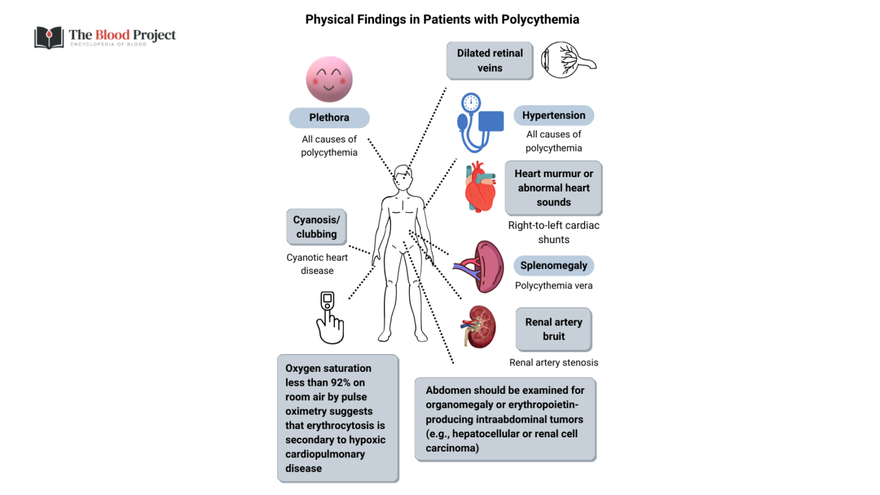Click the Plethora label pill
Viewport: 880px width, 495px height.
(x=329, y=118)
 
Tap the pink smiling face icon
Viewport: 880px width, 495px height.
(x=329, y=79)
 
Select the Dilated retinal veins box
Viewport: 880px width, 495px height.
(x=490, y=61)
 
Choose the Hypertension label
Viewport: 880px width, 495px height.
(x=553, y=116)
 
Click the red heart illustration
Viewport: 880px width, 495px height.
(x=481, y=187)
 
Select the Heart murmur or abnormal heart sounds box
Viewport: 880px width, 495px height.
(x=553, y=188)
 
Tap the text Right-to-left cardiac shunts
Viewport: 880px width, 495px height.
(x=553, y=232)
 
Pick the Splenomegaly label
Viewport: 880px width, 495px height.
(x=553, y=266)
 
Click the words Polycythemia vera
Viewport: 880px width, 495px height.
(x=553, y=286)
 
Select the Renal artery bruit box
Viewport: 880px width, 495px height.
(x=553, y=329)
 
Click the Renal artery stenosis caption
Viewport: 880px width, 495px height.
(x=553, y=362)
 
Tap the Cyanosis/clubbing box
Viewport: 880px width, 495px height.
(x=316, y=227)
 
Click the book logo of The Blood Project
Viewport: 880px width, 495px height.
(x=48, y=37)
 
